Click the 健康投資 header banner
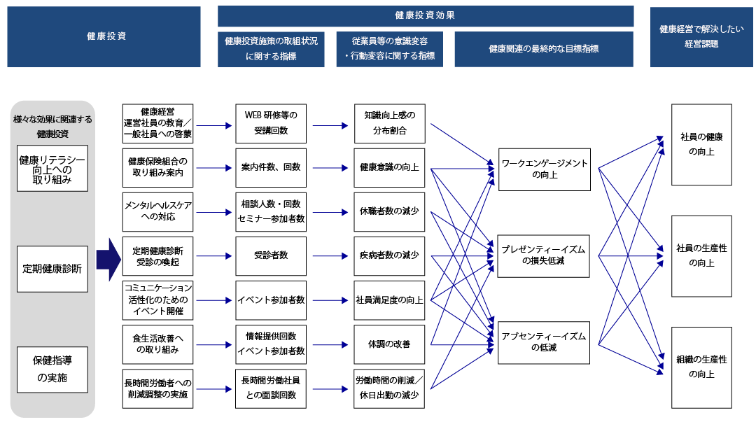(x=104, y=36)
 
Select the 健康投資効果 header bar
(x=426, y=16)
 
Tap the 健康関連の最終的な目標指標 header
(x=543, y=49)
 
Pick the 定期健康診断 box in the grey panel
(x=52, y=269)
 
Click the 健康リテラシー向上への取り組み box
(x=52, y=169)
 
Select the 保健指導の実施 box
(x=52, y=371)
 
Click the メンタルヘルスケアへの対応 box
(x=157, y=211)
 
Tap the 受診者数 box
(x=271, y=255)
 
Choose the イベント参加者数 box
(x=271, y=300)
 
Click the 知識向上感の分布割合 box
(x=390, y=123)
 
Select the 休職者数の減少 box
(x=390, y=211)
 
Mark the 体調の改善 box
(x=390, y=344)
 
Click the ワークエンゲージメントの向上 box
(x=544, y=169)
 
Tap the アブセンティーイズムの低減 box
(x=544, y=342)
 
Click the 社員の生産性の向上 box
(x=701, y=255)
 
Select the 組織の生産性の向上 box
(x=701, y=367)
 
